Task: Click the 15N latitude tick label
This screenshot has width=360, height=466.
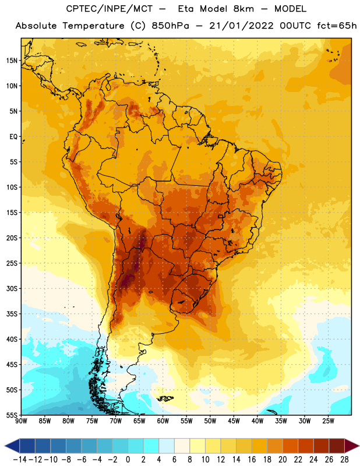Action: pyautogui.click(x=12, y=61)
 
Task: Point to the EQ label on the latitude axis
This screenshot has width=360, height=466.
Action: pyautogui.click(x=13, y=137)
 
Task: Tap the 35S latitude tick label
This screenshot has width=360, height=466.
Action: pyautogui.click(x=12, y=314)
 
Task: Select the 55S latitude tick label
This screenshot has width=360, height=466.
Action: pyautogui.click(x=12, y=415)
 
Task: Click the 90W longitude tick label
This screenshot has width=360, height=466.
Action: pyautogui.click(x=21, y=421)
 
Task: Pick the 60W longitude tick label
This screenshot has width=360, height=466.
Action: pyautogui.click(x=163, y=421)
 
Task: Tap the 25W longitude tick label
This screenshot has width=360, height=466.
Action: pyautogui.click(x=328, y=421)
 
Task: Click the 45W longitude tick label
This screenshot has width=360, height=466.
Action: pyautogui.click(x=234, y=421)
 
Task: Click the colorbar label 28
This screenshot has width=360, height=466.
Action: pyautogui.click(x=344, y=460)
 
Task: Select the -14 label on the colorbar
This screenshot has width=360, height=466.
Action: pyautogui.click(x=20, y=460)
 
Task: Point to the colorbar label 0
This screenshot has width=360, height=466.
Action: pyautogui.click(x=128, y=460)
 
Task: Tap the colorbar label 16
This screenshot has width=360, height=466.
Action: pyautogui.click(x=252, y=460)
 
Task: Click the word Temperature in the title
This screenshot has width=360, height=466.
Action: pyautogui.click(x=93, y=26)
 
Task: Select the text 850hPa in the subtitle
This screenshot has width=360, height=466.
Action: pyautogui.click(x=170, y=26)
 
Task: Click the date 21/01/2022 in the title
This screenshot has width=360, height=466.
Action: pyautogui.click(x=241, y=26)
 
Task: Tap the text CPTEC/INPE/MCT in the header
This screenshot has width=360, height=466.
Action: pyautogui.click(x=110, y=9)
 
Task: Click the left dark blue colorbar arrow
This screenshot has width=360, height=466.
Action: pyautogui.click(x=12, y=446)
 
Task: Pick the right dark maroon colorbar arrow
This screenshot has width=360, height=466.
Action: pyautogui.click(x=352, y=446)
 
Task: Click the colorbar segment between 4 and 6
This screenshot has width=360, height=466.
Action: pyautogui.click(x=167, y=446)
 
